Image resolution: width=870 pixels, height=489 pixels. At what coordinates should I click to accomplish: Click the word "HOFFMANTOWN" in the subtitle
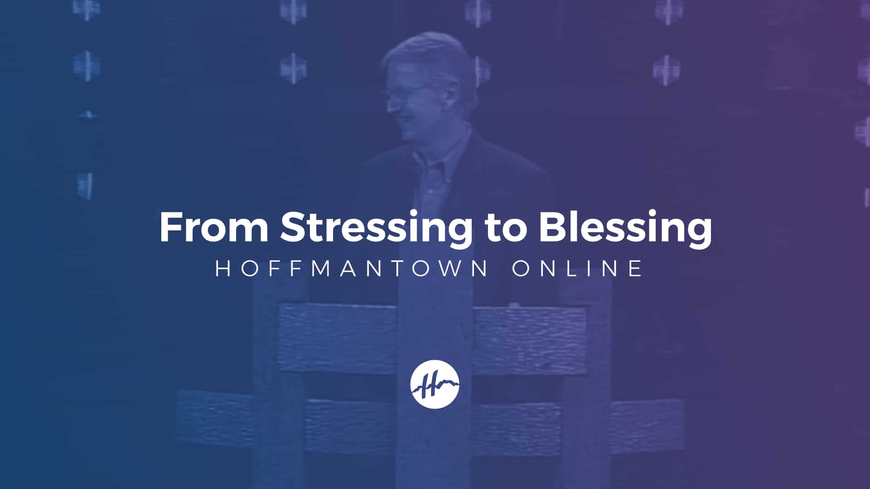[x=352, y=268]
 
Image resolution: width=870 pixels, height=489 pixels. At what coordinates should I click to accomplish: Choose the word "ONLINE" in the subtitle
[x=577, y=268]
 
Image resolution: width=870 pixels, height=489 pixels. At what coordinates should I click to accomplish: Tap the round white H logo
[x=435, y=384]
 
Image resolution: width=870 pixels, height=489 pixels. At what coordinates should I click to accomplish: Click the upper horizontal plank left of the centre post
[x=338, y=338]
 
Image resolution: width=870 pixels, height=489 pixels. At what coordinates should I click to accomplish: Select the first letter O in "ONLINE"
[x=522, y=268]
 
